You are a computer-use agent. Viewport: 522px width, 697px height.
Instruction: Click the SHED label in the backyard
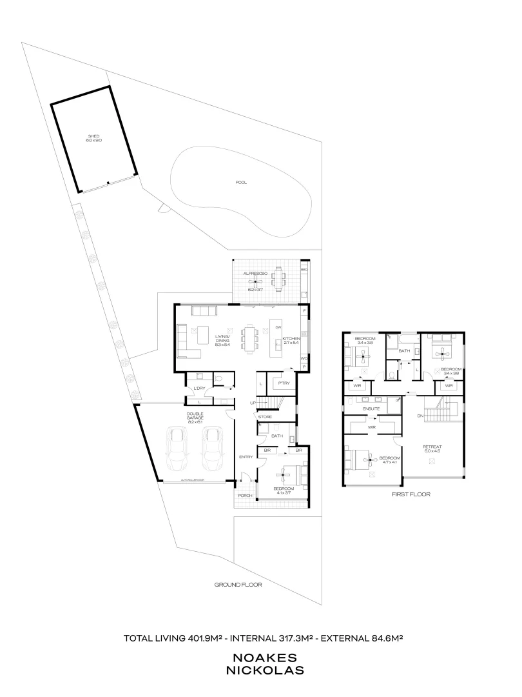pyautogui.click(x=94, y=136)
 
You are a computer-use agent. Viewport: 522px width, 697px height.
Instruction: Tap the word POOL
pyautogui.click(x=241, y=183)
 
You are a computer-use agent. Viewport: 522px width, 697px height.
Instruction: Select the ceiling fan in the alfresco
pyautogui.click(x=255, y=279)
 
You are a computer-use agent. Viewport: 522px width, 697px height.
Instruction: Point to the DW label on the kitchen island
pyautogui.click(x=278, y=327)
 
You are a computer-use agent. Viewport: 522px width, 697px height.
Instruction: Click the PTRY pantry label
pyautogui.click(x=284, y=383)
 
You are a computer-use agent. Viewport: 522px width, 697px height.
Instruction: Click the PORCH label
pyautogui.click(x=244, y=496)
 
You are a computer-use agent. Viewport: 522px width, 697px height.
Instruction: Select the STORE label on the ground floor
pyautogui.click(x=265, y=418)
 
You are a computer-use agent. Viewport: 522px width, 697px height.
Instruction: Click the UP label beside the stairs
pyautogui.click(x=253, y=403)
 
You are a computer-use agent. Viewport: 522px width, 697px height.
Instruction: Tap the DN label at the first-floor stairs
pyautogui.click(x=420, y=416)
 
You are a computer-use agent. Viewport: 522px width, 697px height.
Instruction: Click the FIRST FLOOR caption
pyautogui.click(x=411, y=494)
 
